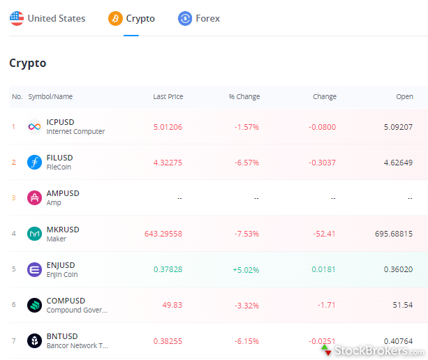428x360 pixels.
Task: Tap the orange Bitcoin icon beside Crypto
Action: [115, 19]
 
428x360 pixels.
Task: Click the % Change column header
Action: [244, 97]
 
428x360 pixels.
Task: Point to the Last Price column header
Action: [168, 97]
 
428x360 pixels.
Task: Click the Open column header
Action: [404, 97]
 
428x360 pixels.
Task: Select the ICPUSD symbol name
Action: [60, 122]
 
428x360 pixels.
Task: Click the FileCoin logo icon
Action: [34, 163]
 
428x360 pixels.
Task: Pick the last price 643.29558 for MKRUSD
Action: [163, 234]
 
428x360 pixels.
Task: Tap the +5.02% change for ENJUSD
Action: [245, 269]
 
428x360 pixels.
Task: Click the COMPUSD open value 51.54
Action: [403, 306]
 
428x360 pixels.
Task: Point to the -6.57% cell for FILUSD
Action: [246, 163]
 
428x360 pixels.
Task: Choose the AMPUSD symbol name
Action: [63, 193]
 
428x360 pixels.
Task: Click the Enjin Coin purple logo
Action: [34, 269]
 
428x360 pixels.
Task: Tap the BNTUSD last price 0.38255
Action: [168, 341]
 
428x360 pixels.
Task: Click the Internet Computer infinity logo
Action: [34, 126]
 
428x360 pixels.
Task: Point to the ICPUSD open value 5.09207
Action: [398, 127]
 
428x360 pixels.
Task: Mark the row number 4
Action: [13, 234]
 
